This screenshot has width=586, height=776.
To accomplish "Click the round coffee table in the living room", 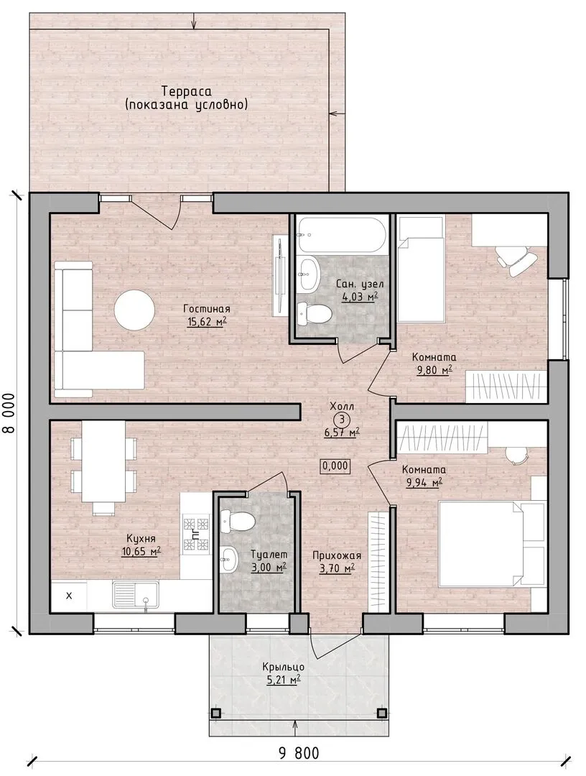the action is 134,310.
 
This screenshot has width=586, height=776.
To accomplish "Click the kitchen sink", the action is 135,594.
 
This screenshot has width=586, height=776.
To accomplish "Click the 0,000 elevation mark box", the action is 336,466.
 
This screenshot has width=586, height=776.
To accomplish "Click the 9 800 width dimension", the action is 299,754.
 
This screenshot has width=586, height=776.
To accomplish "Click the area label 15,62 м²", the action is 207,322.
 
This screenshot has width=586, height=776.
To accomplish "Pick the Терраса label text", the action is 186,91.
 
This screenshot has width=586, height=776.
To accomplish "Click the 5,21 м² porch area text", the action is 284,680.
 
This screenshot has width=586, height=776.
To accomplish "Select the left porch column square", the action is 215,713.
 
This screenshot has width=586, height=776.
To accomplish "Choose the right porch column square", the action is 381,713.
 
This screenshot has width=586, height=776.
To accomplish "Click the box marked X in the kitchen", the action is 69,596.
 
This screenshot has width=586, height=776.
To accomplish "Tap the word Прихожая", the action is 337,555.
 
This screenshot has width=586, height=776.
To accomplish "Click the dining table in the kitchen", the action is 103,461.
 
